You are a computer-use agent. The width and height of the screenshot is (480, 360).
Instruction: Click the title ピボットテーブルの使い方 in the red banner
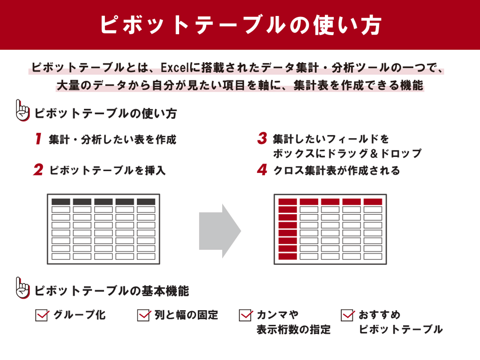pos(240,25)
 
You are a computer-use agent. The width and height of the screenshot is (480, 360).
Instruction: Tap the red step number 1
pos(38,139)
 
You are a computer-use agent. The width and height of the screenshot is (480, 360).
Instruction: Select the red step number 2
pos(38,170)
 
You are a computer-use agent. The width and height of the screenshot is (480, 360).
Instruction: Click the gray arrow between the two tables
pos(219,231)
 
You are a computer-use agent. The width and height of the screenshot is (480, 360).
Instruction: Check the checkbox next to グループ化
pos(42,315)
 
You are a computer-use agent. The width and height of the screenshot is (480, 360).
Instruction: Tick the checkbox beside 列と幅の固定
pos(143,315)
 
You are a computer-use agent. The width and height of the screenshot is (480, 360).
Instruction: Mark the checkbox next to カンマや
pos(246,315)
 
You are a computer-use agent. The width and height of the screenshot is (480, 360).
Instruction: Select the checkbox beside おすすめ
pos(347,315)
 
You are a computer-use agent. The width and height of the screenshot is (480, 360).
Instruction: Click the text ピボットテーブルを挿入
pos(107,171)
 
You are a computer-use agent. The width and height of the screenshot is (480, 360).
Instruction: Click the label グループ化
pos(80,315)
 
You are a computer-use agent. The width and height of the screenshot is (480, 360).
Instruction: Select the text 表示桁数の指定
pos(293,330)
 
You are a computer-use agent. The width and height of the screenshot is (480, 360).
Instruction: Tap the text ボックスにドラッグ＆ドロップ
pos(347,154)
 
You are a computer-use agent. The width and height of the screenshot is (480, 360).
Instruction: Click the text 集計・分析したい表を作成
pos(112,140)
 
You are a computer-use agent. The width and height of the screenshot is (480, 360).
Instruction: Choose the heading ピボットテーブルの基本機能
pos(112,291)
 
